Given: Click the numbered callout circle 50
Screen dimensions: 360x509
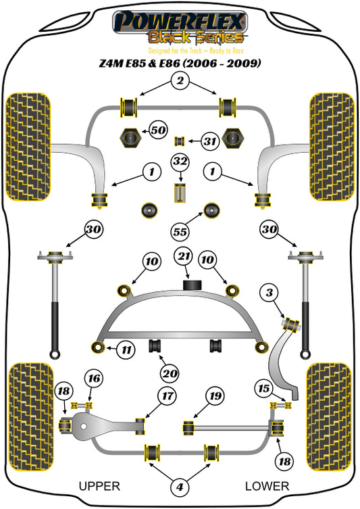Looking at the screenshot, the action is coord(159,130).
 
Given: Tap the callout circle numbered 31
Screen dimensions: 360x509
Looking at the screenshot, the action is coord(210,141).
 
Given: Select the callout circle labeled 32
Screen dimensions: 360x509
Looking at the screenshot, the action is coord(180,162).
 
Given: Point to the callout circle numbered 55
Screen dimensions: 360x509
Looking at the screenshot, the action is coord(180,232).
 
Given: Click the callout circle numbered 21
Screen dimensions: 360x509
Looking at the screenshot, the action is coord(184,256).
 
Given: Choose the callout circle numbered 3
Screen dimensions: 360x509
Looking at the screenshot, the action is coord(269,293).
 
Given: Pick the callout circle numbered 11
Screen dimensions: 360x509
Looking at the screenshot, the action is coord(126,350).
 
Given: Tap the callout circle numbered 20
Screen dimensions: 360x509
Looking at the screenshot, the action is coord(170,374).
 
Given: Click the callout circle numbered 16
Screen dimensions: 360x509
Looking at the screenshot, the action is coord(94,378).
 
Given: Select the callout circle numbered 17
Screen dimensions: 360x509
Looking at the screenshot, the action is coord(168,395).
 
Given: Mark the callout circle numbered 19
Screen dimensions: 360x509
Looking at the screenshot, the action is coord(215,395).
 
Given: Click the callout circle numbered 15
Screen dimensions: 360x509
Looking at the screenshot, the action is coord(264,388).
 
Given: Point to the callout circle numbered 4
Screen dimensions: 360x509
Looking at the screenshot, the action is coord(180,487).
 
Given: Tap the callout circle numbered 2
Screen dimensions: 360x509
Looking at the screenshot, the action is coord(180,80).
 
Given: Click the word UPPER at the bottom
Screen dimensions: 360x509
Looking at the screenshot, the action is coord(99,486).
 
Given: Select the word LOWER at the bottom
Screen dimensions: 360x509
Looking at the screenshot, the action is coord(267,486).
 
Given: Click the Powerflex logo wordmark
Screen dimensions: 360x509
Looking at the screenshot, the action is coord(180,22).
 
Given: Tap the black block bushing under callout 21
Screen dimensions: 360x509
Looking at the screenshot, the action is coord(192,285).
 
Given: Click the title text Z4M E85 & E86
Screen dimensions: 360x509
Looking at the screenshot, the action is coord(139,63).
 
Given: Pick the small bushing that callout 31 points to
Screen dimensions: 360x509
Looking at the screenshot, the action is coord(180,141).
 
